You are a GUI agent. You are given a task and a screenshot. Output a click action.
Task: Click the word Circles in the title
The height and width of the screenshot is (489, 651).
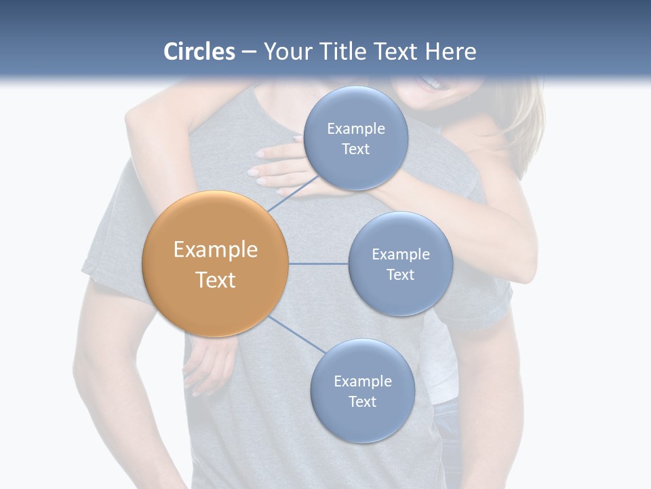pos(199,52)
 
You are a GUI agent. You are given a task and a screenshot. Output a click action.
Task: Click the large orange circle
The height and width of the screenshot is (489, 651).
pos(216,264)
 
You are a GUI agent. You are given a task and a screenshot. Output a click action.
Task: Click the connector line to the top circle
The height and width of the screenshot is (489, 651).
pos(293,194)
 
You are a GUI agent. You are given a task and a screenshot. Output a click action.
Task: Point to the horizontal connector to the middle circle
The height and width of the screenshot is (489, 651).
pos(318,264)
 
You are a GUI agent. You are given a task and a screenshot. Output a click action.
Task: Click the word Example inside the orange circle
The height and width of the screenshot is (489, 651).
pos(216,250)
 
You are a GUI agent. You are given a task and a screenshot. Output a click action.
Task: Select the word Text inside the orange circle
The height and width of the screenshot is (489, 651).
pos(216,280)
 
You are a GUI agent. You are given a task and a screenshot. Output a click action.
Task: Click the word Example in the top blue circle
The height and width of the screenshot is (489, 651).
pos(355,129)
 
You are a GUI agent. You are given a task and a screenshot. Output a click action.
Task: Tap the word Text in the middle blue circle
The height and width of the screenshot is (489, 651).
pos(400,274)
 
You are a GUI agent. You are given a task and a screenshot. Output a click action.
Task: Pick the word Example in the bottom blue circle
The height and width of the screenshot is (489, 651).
pos(362,382)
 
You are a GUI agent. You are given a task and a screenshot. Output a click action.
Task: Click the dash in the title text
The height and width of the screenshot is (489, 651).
pos(248,52)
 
